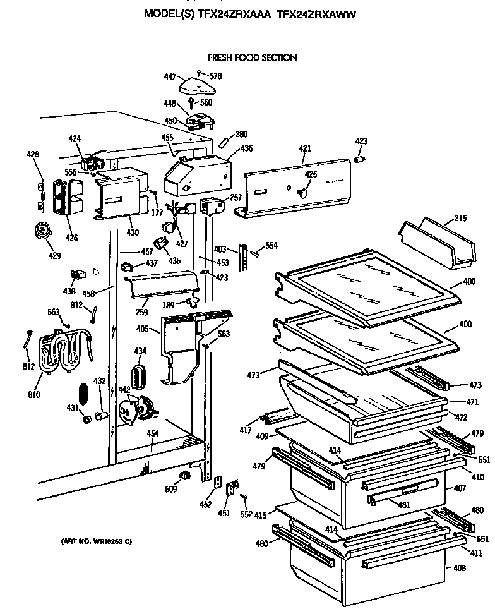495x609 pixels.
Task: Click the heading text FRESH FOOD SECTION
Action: click(252, 57)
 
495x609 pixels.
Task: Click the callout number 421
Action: click(305, 148)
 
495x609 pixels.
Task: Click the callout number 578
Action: click(216, 76)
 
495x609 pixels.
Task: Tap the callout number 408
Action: click(459, 568)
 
